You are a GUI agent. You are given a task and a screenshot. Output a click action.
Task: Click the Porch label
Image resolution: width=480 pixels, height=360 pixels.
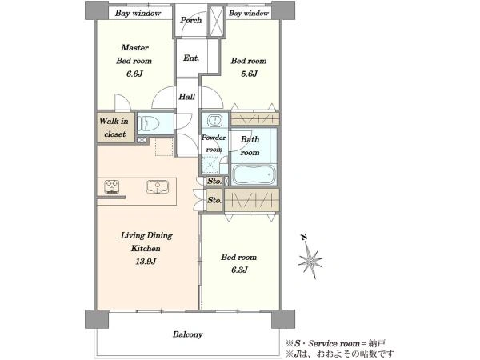pos(190,20)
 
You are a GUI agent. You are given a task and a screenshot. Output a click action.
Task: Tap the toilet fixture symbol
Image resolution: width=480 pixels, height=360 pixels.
pos(149,123)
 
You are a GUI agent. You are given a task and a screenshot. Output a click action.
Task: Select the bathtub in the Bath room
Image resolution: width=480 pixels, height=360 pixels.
pos(254,174)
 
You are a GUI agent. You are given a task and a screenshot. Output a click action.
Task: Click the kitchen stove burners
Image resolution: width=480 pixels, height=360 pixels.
pos(111,186)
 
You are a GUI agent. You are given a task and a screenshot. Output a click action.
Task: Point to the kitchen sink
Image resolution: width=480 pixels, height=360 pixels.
pos(158,186)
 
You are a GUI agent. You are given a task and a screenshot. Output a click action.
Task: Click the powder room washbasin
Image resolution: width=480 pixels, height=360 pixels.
pos(215,120)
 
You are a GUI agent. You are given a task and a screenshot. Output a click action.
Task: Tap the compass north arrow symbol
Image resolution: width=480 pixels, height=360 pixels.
pos(310,258)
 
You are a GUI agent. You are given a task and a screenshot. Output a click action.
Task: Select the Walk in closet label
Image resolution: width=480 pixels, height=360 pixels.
pos(114,128)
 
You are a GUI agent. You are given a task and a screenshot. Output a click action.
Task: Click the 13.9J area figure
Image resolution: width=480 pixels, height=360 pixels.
pos(146,262)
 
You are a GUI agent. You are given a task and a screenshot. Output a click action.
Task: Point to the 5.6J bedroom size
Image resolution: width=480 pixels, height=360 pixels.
pos(249,74)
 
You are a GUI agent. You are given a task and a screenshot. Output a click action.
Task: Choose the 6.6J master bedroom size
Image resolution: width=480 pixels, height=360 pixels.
pos(134,74)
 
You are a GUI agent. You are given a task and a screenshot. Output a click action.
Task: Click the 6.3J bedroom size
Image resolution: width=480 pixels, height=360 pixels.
pos(239,270)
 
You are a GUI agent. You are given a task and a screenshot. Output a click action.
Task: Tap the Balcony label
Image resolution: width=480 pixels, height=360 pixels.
pos(188,334)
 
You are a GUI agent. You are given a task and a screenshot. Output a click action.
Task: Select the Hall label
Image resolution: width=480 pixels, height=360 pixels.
pos(186,97)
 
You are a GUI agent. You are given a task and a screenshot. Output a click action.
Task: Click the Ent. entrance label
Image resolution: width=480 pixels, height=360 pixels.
pos(191,58)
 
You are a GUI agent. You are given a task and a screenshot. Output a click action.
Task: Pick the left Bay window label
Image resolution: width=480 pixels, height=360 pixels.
pos(138,13)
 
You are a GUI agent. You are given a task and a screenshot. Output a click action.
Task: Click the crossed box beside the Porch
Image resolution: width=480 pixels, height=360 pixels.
pos(217,21)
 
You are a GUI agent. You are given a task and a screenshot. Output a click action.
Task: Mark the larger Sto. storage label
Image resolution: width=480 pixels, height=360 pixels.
pos(214,200)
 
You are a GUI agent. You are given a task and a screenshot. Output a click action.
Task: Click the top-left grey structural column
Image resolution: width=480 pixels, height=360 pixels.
pos(97,10)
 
